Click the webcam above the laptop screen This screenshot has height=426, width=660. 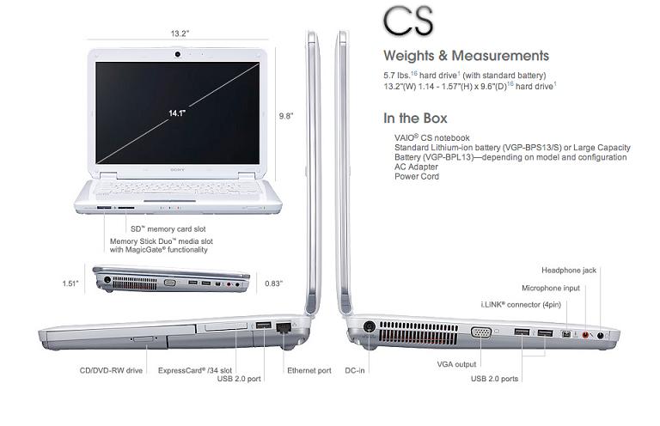click(x=178, y=54)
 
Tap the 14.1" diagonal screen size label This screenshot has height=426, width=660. click(x=177, y=113)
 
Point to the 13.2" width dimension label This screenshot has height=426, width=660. click(x=180, y=33)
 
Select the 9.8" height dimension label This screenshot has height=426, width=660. click(x=286, y=116)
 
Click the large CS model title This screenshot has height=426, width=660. click(x=408, y=21)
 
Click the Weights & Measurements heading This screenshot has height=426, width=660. click(x=466, y=56)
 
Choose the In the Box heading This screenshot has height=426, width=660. click(x=415, y=119)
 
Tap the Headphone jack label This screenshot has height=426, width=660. click(x=569, y=271)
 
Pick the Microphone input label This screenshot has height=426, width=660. click(x=551, y=288)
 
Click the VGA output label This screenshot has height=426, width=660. click(x=456, y=364)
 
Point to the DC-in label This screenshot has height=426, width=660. click(x=355, y=370)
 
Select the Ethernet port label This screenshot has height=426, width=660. click(x=309, y=370)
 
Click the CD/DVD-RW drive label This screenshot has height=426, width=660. click(x=111, y=370)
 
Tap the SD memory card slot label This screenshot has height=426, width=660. click(x=168, y=229)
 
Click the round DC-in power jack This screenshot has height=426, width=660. click(x=370, y=326)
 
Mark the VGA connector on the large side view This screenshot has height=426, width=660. click(x=481, y=332)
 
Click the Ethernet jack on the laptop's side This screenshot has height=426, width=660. click(x=284, y=327)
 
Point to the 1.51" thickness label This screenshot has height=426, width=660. click(x=70, y=283)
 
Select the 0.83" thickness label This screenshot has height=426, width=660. click(x=273, y=283)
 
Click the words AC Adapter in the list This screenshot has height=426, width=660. click(x=416, y=167)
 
